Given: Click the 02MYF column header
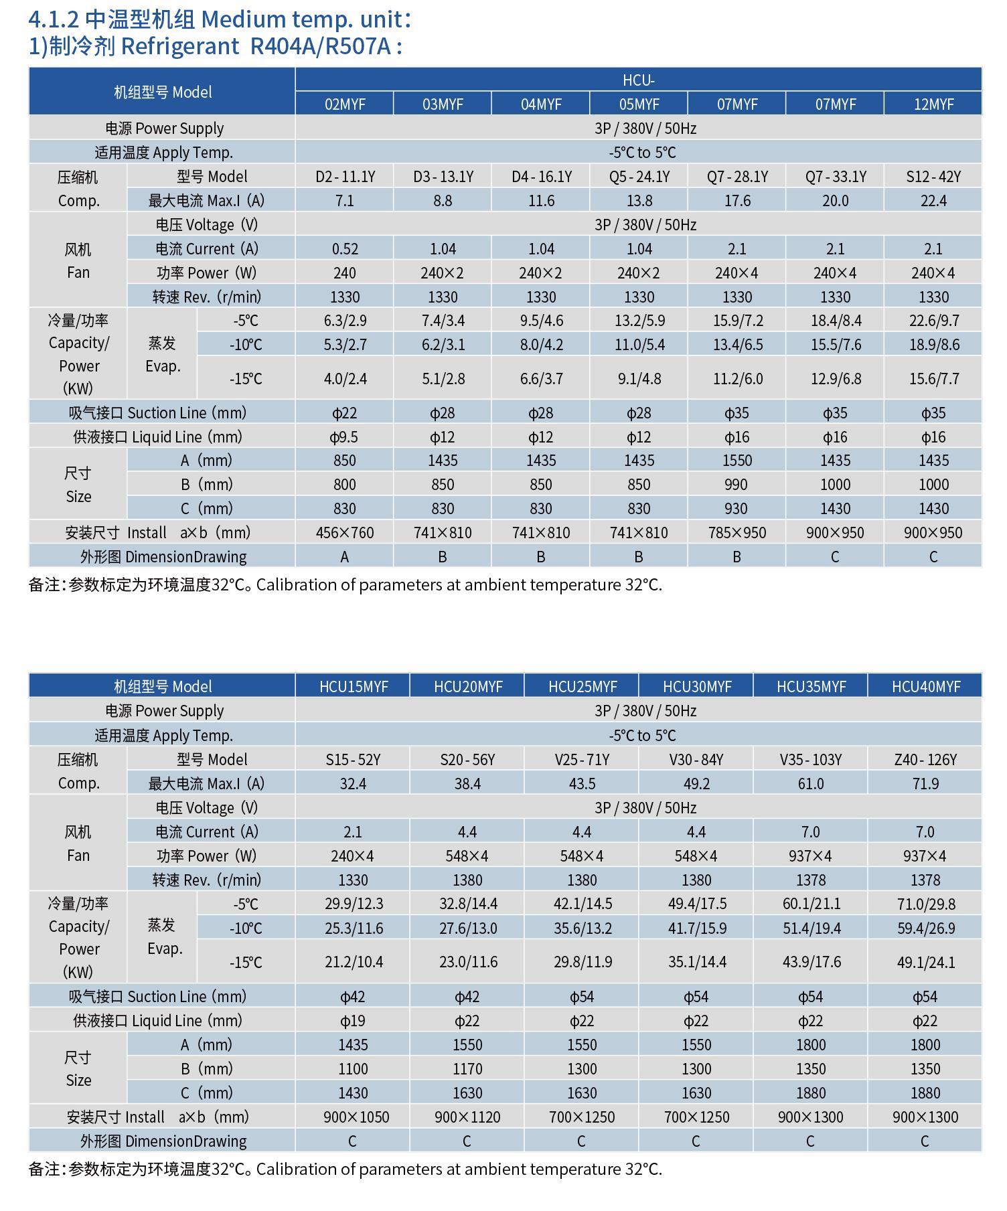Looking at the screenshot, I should point(344,104).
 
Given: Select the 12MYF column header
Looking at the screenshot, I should point(933,104).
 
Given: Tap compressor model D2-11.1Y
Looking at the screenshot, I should point(345,177).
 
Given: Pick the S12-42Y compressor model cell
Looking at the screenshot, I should point(933,177).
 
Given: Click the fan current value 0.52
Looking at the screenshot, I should point(345,249).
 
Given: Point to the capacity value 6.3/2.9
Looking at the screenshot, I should point(345,321).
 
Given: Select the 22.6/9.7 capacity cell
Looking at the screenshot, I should point(933,321).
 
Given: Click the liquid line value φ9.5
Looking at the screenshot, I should point(344,437).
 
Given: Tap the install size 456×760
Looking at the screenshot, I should point(345,533).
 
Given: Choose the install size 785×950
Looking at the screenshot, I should point(737,533).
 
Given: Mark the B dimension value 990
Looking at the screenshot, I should point(737,485).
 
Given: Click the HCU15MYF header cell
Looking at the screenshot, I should point(354,687).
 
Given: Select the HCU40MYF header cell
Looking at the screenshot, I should point(926,687).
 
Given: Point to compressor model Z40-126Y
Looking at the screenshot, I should point(925,760).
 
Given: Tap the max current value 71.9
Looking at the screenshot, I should point(925,784).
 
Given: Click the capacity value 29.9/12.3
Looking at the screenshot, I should point(354,904).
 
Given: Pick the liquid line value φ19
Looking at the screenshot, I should point(353,1021).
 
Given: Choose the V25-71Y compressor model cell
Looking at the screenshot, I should point(582,760).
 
